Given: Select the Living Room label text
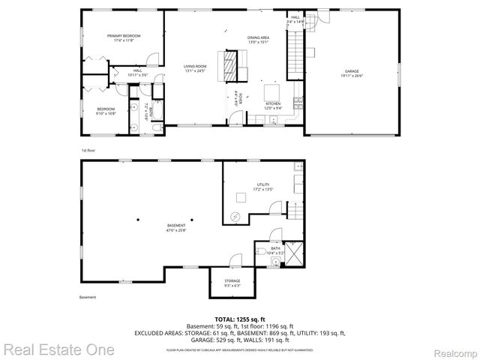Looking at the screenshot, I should [194, 68].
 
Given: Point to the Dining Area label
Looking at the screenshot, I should [258, 40].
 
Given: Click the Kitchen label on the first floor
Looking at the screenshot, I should [272, 105].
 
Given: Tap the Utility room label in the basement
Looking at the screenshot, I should [262, 186].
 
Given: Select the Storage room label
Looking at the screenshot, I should [232, 283].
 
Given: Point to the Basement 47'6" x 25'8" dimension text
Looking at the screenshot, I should [176, 229].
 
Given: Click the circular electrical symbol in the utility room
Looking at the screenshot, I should [236, 216].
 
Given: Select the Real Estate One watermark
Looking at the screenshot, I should [58, 349].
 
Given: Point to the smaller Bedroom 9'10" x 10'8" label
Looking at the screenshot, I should [105, 112].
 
